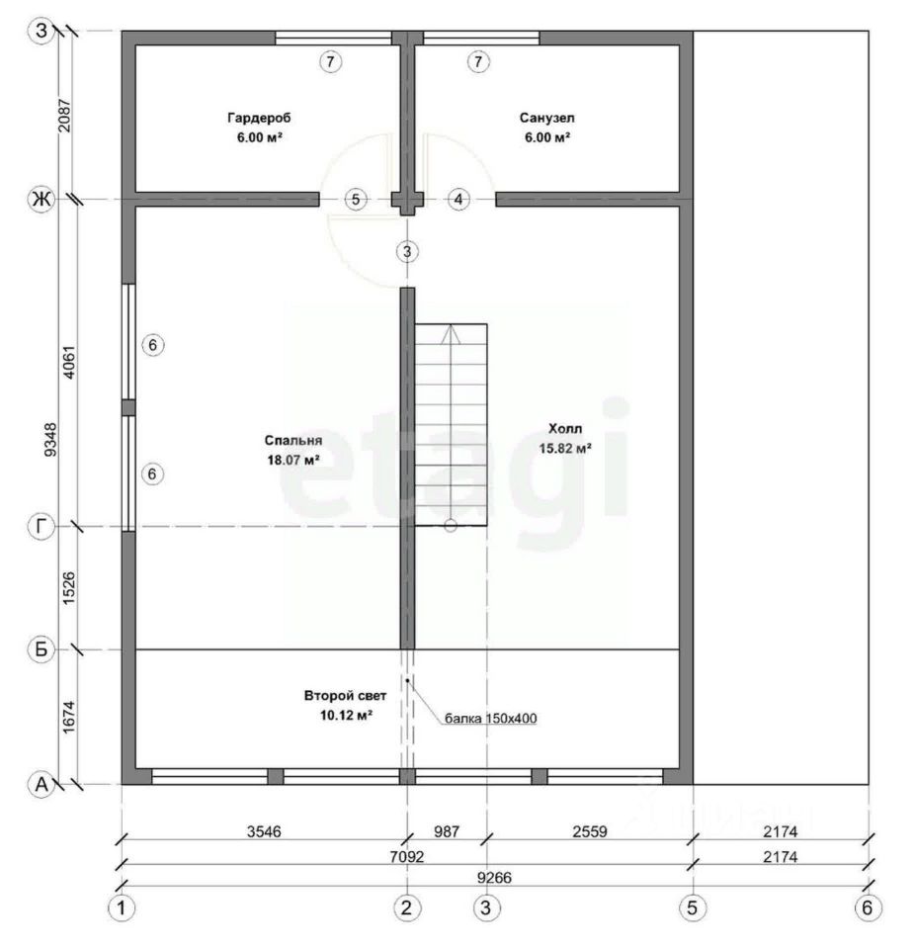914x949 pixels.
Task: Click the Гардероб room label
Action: [x=259, y=118]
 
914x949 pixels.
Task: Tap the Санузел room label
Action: [x=546, y=118]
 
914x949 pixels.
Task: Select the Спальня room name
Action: [x=293, y=440]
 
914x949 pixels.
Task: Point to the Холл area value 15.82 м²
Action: [x=565, y=449]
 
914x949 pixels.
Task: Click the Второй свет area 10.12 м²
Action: [x=346, y=716]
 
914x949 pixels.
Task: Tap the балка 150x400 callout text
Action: [x=490, y=719]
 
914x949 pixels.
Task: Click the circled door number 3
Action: [x=407, y=251]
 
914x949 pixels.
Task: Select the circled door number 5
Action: [x=356, y=199]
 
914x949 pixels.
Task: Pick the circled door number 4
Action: [x=458, y=199]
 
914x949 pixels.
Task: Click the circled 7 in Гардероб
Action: [x=330, y=61]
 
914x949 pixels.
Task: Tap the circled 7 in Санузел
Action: [x=478, y=61]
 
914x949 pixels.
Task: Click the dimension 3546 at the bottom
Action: [x=264, y=831]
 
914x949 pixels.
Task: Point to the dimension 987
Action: [x=447, y=831]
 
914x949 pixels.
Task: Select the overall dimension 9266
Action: [x=494, y=877]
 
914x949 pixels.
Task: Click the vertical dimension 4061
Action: [x=69, y=363]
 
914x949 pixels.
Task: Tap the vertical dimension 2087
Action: [x=64, y=115]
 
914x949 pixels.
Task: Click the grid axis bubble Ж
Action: [x=42, y=199]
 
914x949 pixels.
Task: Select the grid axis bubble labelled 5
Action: [x=693, y=907]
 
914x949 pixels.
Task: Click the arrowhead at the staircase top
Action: [x=451, y=335]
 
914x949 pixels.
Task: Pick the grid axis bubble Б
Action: [x=42, y=649]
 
